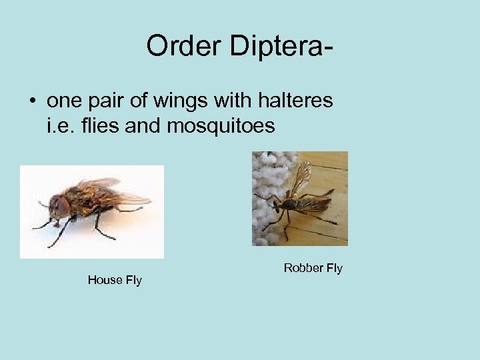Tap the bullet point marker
(32, 101)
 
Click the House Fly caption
(115, 280)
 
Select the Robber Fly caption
(313, 268)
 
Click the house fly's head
(62, 206)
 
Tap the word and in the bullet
(144, 125)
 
